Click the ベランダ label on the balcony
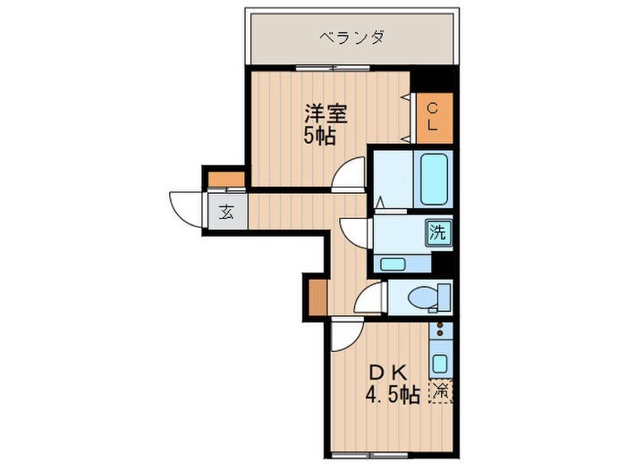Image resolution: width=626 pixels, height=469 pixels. click(x=352, y=38)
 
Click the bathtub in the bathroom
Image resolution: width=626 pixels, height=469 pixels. click(x=434, y=179)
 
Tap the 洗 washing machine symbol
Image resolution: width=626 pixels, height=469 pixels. click(x=437, y=233)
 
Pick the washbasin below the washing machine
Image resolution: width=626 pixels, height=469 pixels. click(x=393, y=263)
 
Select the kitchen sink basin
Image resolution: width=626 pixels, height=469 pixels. click(x=440, y=363)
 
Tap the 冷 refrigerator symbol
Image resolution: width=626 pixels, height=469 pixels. click(x=440, y=390)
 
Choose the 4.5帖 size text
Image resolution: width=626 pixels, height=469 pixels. click(x=391, y=394)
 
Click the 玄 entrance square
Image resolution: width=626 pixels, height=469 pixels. click(x=226, y=213)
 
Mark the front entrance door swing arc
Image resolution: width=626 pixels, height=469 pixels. click(x=186, y=210)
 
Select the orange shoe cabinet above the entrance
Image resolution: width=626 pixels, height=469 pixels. click(x=221, y=180)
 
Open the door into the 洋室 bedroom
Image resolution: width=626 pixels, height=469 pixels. click(x=349, y=175)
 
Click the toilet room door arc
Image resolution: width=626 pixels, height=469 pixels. click(x=369, y=299)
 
